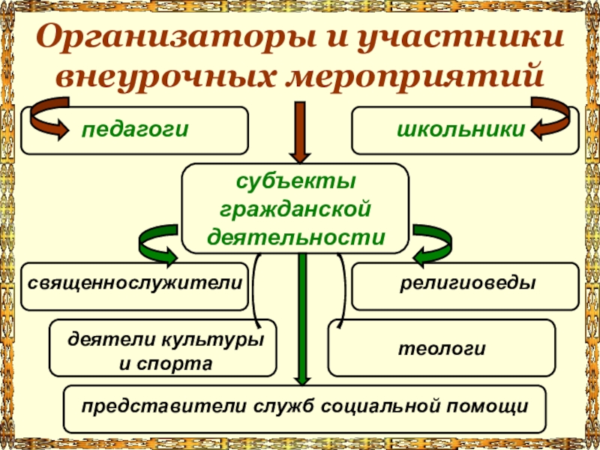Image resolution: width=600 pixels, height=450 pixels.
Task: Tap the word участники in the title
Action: tap(451, 37)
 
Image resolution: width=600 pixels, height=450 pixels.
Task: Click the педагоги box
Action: tap(135, 129)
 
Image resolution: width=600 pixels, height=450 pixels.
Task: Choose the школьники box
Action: tap(465, 129)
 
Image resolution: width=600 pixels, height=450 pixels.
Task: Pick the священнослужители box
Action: tap(135, 285)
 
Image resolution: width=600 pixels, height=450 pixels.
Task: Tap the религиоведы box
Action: tap(465, 285)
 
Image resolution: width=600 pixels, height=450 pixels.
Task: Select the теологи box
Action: tap(442, 348)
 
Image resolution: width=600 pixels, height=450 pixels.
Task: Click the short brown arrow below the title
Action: tap(300, 131)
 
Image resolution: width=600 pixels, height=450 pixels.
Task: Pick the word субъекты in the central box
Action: tap(295, 181)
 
